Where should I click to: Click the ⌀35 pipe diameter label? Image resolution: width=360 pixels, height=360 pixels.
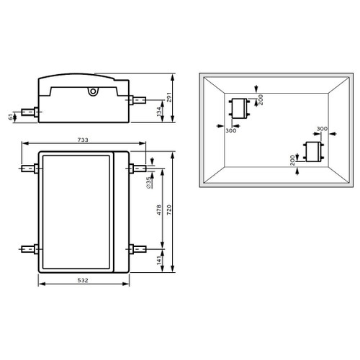point(148,182)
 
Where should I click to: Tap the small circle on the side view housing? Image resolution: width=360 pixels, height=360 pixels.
point(91,91)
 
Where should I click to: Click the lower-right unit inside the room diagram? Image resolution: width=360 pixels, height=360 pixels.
point(312,152)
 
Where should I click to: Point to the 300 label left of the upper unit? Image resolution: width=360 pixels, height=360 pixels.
point(230,130)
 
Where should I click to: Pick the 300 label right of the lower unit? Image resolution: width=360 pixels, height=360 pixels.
point(322,129)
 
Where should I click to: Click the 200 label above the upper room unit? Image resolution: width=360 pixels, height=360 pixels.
point(261,99)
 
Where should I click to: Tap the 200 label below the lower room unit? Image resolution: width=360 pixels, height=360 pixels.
point(293,160)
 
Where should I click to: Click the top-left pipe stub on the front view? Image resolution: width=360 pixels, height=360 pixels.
point(29,170)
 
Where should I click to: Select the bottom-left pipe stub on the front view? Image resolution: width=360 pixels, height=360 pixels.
point(29,249)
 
